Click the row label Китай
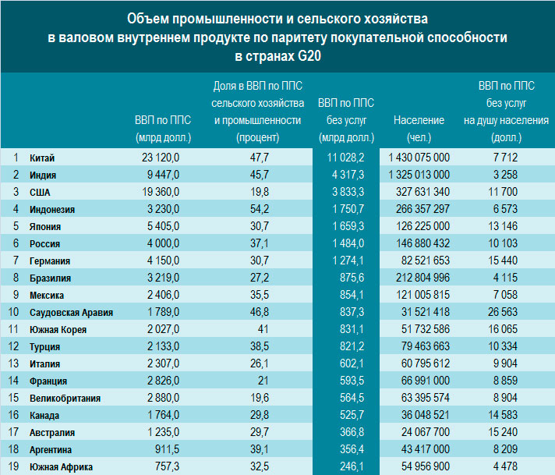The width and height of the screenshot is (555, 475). pyautogui.click(x=42, y=158)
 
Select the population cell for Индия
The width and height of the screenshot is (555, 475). pyautogui.click(x=419, y=175)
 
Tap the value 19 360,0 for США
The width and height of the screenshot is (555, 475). pyautogui.click(x=161, y=192)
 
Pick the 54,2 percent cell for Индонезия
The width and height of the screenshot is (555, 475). pyautogui.click(x=260, y=209)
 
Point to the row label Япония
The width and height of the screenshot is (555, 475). pyautogui.click(x=45, y=226)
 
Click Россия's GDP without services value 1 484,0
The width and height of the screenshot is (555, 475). pyautogui.click(x=348, y=243)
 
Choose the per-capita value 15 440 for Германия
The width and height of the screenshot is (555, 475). pyautogui.click(x=503, y=261)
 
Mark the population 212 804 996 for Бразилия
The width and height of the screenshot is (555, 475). pyautogui.click(x=422, y=278)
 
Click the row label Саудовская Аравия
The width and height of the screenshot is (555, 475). pyautogui.click(x=71, y=313)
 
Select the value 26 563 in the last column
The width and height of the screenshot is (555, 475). pyautogui.click(x=503, y=312)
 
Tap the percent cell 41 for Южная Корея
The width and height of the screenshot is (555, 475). pyautogui.click(x=263, y=329)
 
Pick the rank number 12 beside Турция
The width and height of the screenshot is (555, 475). pyautogui.click(x=13, y=346)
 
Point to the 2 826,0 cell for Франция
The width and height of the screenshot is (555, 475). pyautogui.click(x=163, y=381)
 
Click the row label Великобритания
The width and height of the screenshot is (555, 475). pyautogui.click(x=65, y=398)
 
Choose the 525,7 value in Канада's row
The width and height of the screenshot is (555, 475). pyautogui.click(x=352, y=415)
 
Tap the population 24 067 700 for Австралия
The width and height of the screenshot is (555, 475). pyautogui.click(x=426, y=432)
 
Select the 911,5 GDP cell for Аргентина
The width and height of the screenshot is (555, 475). pyautogui.click(x=167, y=449)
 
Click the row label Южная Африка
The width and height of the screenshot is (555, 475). pyautogui.click(x=62, y=467)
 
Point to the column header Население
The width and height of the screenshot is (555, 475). pyautogui.click(x=419, y=120)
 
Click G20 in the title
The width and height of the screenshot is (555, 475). pyautogui.click(x=309, y=57)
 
